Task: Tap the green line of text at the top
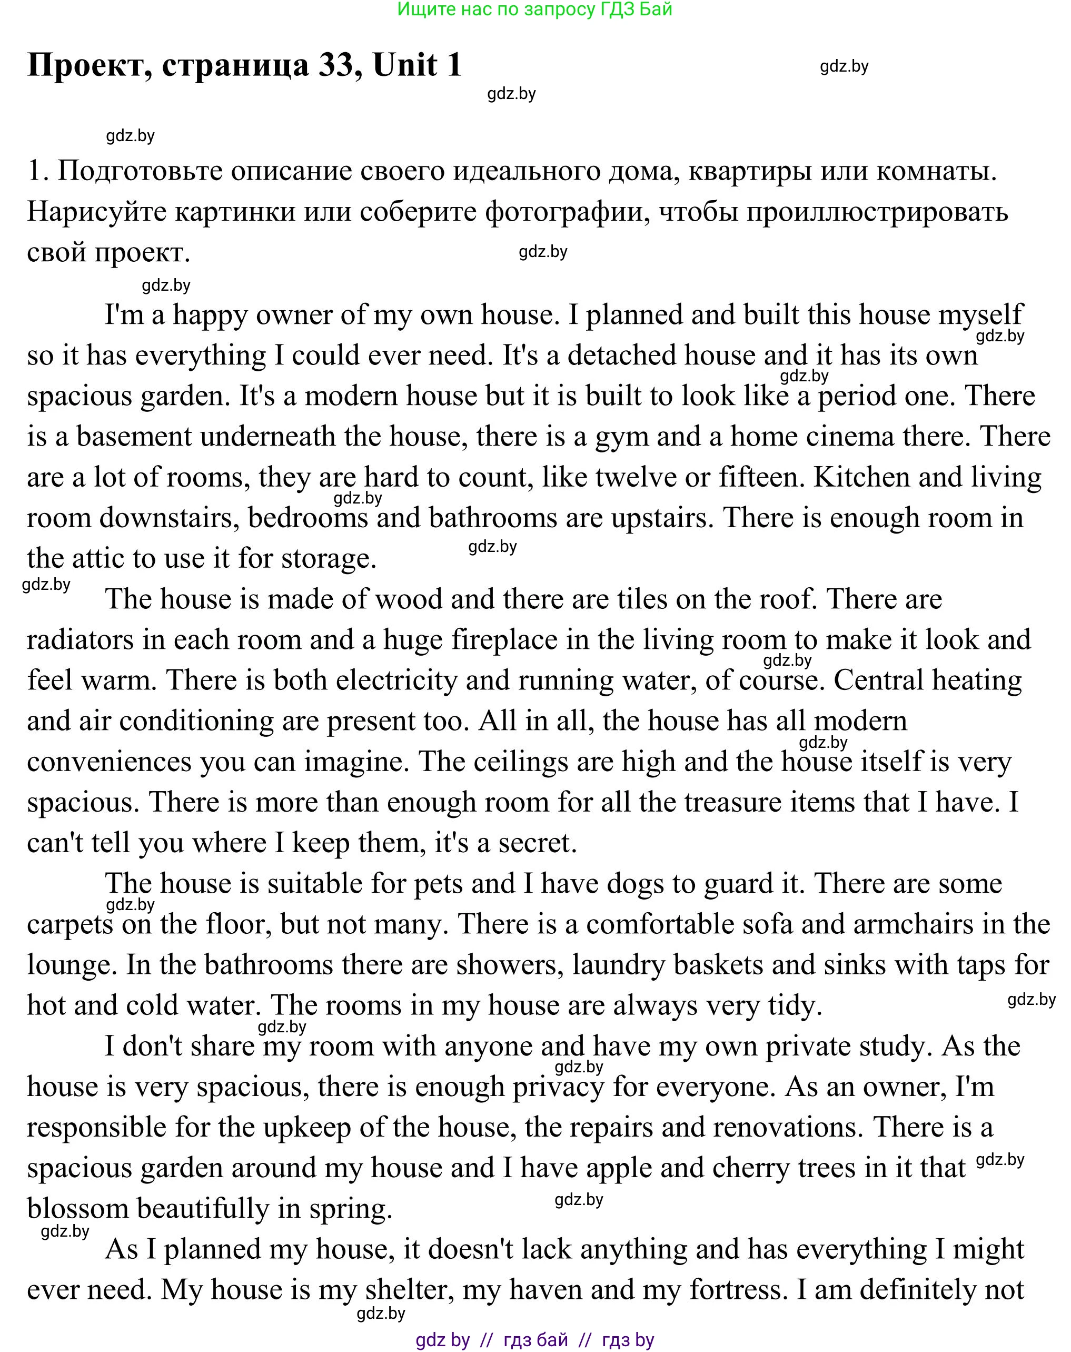(535, 9)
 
